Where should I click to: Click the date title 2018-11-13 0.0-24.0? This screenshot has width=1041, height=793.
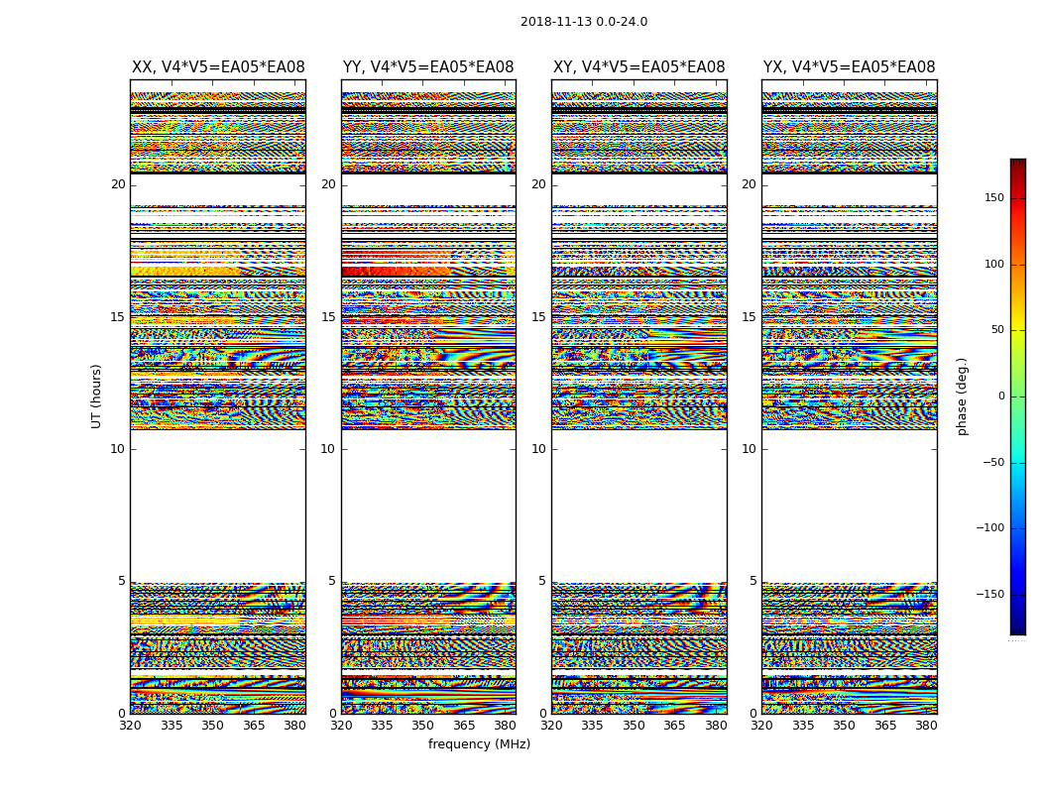point(584,22)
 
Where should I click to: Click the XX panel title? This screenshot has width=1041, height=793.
point(218,67)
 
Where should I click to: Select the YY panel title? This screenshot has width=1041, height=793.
point(428,67)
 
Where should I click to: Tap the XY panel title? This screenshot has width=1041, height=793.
point(639,67)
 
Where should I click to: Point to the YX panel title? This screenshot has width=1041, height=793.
point(850,67)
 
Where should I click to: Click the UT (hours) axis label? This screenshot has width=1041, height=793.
point(97,396)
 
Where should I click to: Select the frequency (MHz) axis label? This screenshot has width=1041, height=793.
point(479,744)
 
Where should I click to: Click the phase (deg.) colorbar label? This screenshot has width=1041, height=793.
point(963,396)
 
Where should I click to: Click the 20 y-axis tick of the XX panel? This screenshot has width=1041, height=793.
point(118,184)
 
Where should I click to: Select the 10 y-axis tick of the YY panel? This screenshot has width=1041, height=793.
point(328,449)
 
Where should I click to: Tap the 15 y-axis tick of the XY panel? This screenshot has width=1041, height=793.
point(538,317)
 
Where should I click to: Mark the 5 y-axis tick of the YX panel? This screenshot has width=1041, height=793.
point(752,581)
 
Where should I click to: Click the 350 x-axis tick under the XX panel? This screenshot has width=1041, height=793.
point(213,726)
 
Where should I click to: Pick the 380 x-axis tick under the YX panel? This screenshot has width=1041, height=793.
point(926,726)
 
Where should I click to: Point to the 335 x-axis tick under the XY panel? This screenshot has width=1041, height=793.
point(593,726)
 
